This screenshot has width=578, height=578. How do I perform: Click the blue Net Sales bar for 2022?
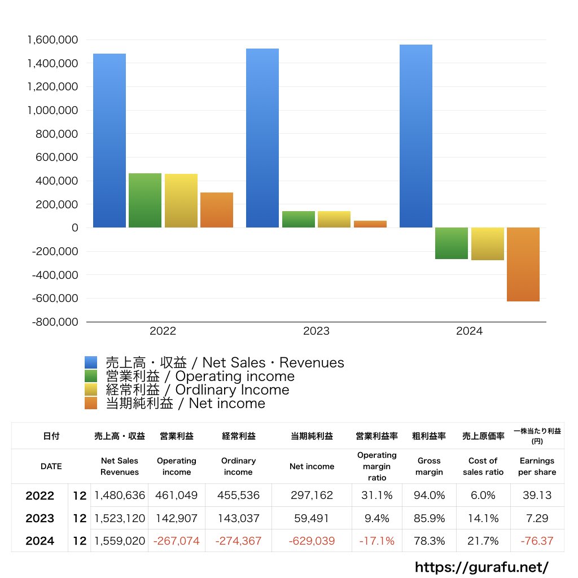[x=110, y=141]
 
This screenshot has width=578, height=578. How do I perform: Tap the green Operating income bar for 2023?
[x=299, y=219]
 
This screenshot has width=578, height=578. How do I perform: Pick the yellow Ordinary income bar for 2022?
[x=181, y=200]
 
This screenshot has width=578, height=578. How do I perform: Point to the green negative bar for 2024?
[x=451, y=243]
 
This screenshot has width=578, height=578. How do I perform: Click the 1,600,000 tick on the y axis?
[x=52, y=40]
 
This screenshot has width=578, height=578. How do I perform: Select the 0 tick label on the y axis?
[x=75, y=228]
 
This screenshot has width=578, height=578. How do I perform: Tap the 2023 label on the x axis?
[x=316, y=331]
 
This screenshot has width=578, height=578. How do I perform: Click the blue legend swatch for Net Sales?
[x=91, y=363]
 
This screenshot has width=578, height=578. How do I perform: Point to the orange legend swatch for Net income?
[x=91, y=404]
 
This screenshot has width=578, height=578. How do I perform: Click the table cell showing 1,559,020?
[x=120, y=541]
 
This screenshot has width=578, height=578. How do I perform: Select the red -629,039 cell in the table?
[x=312, y=541]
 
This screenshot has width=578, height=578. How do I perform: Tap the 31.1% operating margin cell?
[x=377, y=496]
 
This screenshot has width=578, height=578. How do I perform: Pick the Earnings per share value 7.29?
[x=537, y=518]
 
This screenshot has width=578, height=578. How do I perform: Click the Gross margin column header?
[x=429, y=466]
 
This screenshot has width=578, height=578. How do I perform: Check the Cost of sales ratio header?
[x=483, y=466]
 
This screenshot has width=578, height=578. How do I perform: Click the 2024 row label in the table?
[x=40, y=541]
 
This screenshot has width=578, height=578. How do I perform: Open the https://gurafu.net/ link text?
[x=481, y=567]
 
